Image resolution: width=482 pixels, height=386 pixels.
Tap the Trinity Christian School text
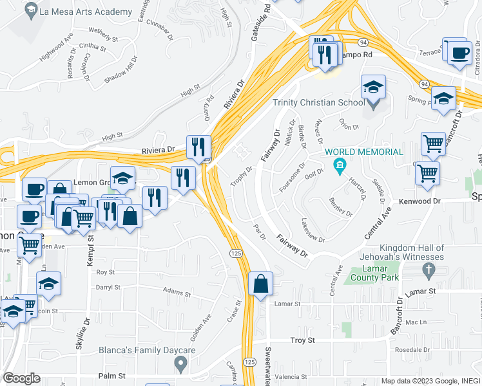[318, 103]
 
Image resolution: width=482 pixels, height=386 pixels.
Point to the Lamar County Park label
[375, 273]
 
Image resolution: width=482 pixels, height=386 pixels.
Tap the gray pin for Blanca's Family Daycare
[181, 365]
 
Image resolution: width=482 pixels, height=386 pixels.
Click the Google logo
[22, 378]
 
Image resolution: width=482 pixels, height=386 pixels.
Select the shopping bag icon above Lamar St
[260, 284]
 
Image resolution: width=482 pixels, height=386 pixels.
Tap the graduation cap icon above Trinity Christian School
[373, 86]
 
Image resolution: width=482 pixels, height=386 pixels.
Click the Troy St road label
[302, 340]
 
